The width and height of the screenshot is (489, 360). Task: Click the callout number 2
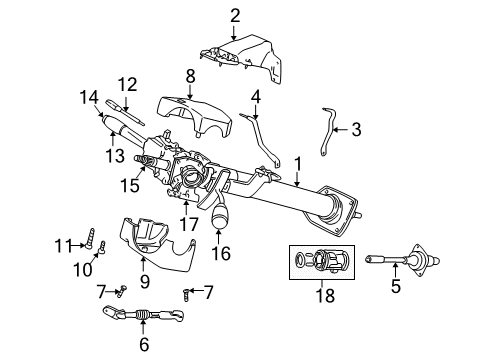pos(235,14)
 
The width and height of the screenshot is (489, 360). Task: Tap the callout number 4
pos(255,96)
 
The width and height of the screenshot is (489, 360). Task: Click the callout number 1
pos(296,161)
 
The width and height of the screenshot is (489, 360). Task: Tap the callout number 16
pos(222,253)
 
